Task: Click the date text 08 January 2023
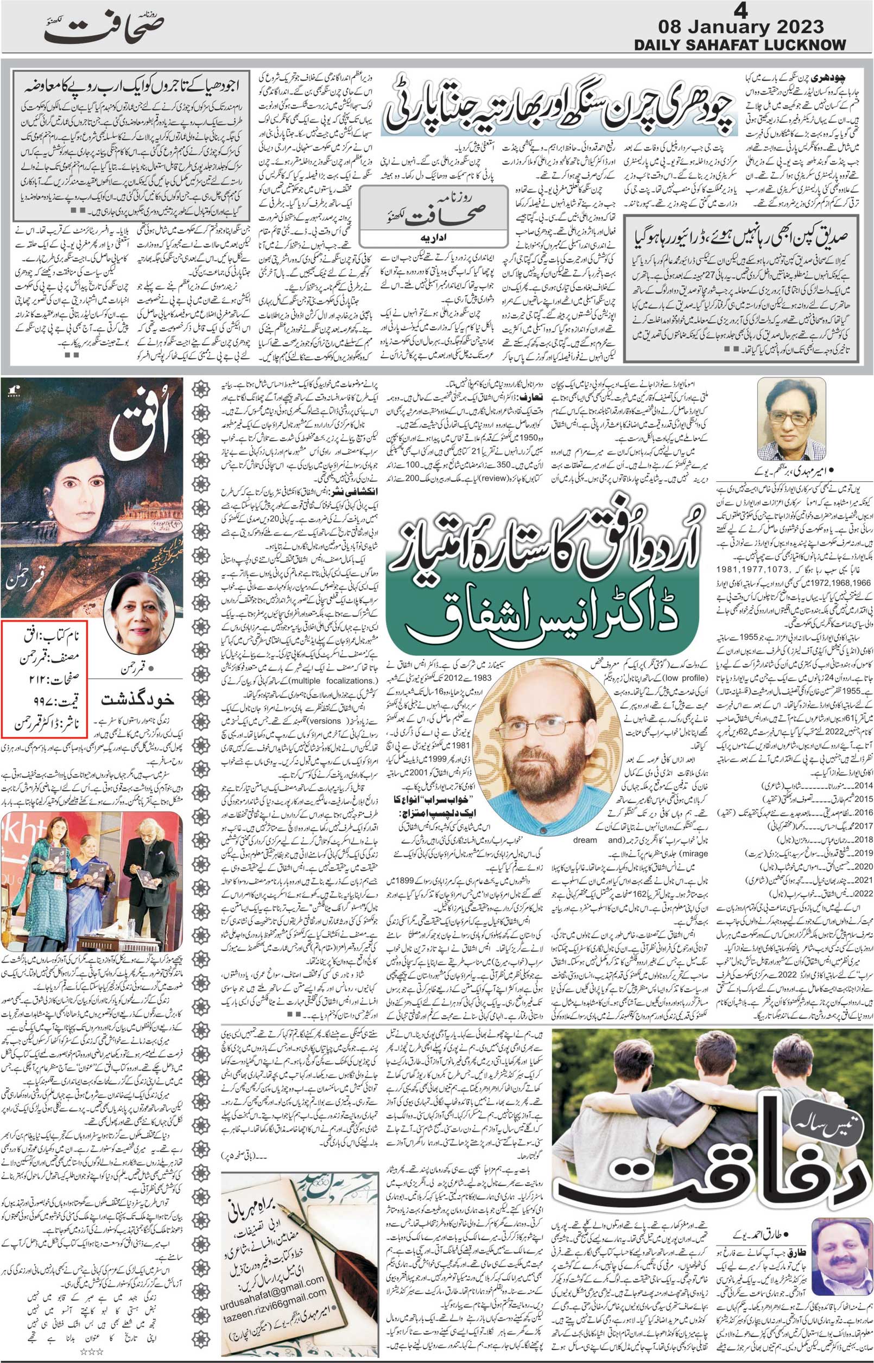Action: click(x=740, y=27)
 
